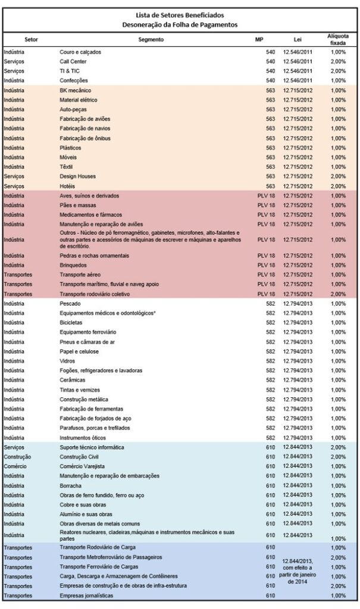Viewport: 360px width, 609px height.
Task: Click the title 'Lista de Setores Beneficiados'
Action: click(x=180, y=15)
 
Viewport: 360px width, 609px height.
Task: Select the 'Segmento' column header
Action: click(x=151, y=40)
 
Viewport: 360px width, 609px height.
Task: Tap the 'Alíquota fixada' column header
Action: click(x=338, y=40)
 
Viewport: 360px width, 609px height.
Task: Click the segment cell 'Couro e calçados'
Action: click(x=80, y=52)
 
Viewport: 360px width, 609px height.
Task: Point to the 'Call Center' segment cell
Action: click(x=73, y=61)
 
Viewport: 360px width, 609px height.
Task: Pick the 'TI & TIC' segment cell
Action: click(x=70, y=71)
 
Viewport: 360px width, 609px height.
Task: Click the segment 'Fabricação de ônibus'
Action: click(x=85, y=138)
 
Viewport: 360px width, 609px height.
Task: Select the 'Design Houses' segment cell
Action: click(x=77, y=176)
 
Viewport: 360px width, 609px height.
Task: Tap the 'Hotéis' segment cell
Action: click(x=67, y=186)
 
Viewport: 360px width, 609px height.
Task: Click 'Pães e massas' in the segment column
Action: click(x=78, y=205)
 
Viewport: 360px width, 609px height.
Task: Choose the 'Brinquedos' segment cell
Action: click(x=73, y=265)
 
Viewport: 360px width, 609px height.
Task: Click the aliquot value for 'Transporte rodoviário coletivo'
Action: click(x=338, y=294)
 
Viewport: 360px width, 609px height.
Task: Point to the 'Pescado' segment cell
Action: click(x=70, y=304)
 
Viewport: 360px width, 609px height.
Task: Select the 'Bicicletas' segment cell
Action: click(x=71, y=323)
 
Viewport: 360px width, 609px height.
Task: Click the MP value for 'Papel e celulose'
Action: click(x=270, y=351)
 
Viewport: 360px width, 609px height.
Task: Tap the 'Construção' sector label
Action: click(x=17, y=457)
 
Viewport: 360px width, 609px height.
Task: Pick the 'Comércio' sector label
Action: click(x=15, y=466)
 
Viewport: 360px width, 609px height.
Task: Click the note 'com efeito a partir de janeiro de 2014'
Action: click(x=298, y=575)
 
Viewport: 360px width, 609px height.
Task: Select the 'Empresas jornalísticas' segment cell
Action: click(x=86, y=596)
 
